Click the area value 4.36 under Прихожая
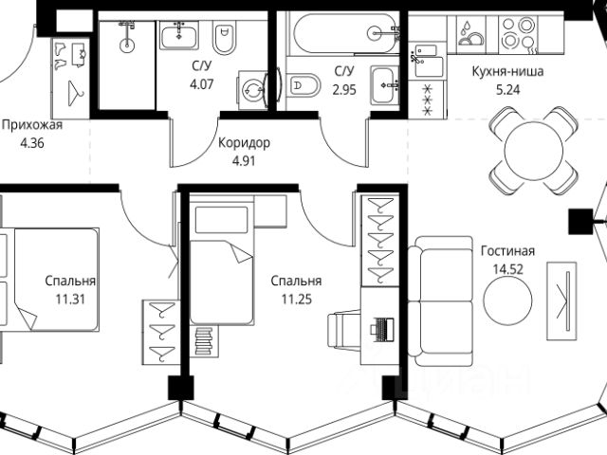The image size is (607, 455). [x=25, y=143]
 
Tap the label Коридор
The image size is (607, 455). [x=244, y=143]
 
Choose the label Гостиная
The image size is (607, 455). [x=508, y=251]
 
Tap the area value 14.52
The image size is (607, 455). [x=508, y=269]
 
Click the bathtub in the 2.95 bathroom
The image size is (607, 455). [x=345, y=35]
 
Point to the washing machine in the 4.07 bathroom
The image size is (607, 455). [x=251, y=91]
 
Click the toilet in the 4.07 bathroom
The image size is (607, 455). [x=224, y=40]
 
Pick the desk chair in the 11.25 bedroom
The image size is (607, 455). [x=344, y=332]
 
